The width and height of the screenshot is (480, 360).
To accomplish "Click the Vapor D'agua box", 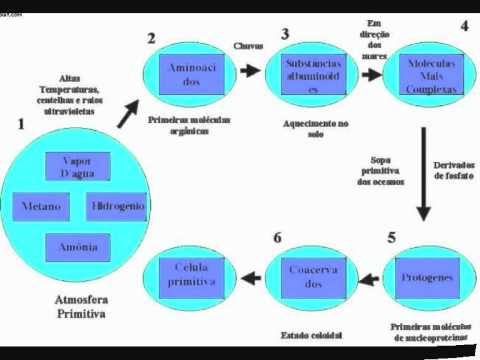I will click(x=76, y=167).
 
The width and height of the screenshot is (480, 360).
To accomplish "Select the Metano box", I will click(x=42, y=207).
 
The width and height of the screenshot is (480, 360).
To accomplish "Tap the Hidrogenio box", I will click(x=118, y=207).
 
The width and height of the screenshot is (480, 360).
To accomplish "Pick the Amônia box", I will click(x=76, y=246).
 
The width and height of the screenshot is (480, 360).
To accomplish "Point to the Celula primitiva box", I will click(x=196, y=277).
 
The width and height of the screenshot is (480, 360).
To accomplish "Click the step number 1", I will click(x=20, y=125).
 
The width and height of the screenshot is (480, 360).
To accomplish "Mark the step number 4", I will click(x=463, y=27).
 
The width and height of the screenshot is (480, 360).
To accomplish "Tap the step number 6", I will click(x=277, y=237).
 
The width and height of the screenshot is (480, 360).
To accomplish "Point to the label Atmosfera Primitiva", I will click(x=80, y=307).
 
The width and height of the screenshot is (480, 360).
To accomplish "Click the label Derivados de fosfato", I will click(x=454, y=170).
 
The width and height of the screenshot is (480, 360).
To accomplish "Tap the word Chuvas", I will click(x=248, y=45).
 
